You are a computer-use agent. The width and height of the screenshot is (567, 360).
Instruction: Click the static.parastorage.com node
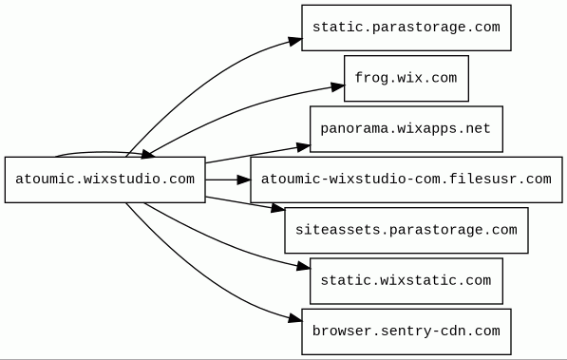[x=406, y=28]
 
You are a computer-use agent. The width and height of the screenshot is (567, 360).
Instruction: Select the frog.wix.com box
[x=406, y=79]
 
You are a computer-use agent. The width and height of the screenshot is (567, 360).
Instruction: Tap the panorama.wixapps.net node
[x=406, y=129]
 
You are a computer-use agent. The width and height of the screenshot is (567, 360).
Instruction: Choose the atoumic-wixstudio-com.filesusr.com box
[x=406, y=180]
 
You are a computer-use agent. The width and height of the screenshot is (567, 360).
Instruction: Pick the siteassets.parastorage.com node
[x=406, y=231]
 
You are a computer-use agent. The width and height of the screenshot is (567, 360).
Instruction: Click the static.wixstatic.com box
[x=406, y=281]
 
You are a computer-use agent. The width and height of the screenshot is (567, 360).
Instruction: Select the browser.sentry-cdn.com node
[x=406, y=332]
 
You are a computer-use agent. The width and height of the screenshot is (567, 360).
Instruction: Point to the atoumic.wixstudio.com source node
[x=104, y=180]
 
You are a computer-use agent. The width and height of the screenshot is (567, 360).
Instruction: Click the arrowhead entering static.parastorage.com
[x=295, y=41]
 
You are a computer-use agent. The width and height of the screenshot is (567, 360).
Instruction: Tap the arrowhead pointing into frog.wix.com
[x=338, y=86]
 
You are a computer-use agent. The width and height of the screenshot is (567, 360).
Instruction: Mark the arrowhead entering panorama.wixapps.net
[x=304, y=147]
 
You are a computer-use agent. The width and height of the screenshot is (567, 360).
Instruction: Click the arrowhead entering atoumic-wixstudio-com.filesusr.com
[x=244, y=180]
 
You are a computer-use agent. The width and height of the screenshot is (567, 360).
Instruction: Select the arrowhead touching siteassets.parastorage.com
[x=278, y=208]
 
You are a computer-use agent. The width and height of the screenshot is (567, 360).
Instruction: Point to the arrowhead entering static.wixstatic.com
[x=304, y=267]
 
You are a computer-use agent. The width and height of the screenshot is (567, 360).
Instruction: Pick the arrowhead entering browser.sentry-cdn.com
[x=295, y=318]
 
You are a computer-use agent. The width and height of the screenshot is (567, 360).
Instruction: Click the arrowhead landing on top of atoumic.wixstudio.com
[x=148, y=155]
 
